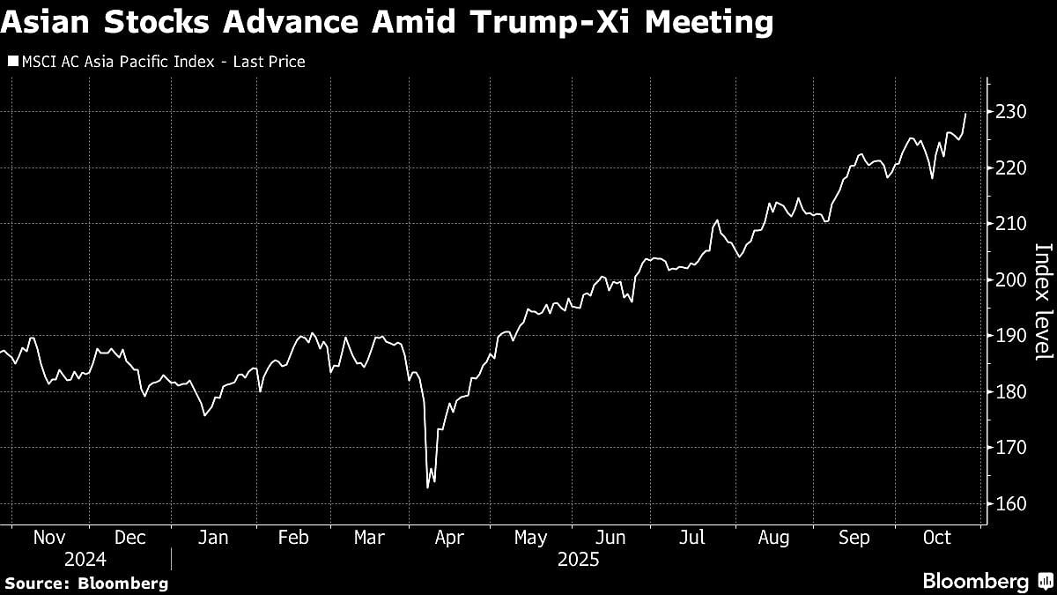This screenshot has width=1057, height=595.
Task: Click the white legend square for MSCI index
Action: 12,62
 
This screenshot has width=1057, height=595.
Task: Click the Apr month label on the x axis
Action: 451,537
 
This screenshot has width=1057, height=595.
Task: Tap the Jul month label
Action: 692,537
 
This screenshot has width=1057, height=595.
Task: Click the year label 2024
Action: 85,560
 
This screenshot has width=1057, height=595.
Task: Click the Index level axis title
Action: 1042,301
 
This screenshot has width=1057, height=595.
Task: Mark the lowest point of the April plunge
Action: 427,487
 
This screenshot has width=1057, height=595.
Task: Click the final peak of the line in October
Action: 965,114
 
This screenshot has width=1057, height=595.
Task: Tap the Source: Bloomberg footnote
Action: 85,583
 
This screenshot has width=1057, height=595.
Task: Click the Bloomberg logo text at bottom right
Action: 975,582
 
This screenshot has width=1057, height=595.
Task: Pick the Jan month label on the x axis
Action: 213,537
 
